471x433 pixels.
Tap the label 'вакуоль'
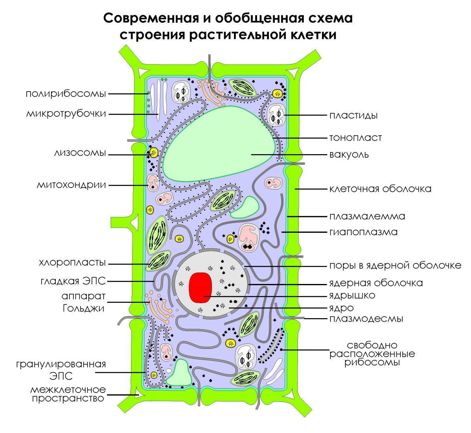tap(349, 154)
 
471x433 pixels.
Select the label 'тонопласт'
tap(355, 138)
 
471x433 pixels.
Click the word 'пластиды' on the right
tap(353, 115)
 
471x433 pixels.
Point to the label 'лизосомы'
tap(80, 153)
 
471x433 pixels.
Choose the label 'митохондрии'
tap(71, 184)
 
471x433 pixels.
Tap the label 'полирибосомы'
tap(66, 94)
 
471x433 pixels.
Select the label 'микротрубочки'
tap(66, 114)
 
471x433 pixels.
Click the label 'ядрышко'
tap(352, 295)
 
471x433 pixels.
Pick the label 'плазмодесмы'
tap(366, 318)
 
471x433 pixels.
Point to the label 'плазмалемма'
tap(367, 216)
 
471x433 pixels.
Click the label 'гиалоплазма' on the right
tap(363, 232)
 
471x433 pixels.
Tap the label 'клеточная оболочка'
tap(380, 188)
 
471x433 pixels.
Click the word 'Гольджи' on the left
tap(84, 308)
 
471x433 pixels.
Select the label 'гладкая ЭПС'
tap(73, 281)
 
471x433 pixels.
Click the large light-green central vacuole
tap(220, 146)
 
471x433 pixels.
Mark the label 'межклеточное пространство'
tap(68, 394)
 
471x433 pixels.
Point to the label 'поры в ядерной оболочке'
tap(395, 265)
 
